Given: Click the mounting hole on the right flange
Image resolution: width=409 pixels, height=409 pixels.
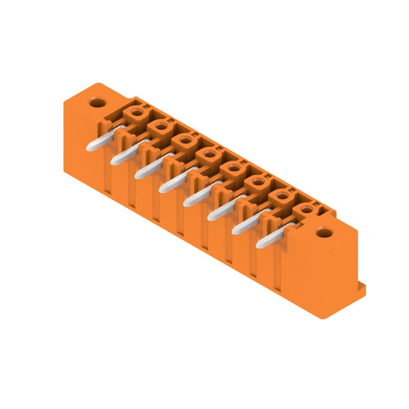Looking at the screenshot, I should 323,234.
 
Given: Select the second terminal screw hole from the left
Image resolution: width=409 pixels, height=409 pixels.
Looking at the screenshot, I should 161,126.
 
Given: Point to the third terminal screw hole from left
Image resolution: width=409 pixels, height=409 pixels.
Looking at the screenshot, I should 185,140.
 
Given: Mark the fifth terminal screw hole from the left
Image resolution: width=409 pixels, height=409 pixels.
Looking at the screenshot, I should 233,167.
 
